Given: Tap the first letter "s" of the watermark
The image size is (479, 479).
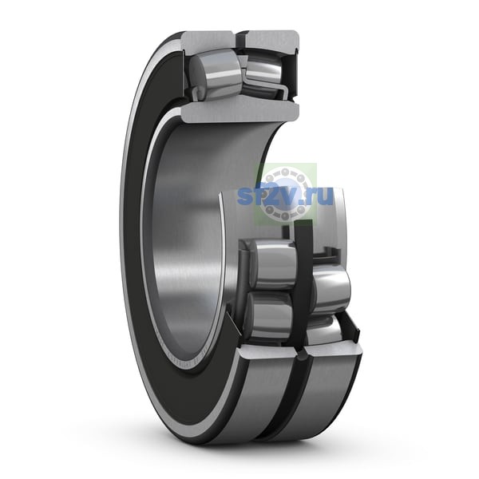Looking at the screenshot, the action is coord(245,196).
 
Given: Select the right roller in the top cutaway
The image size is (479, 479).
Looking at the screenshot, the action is coord(263,70).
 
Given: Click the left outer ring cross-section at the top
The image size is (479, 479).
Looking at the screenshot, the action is coord(207,42).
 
